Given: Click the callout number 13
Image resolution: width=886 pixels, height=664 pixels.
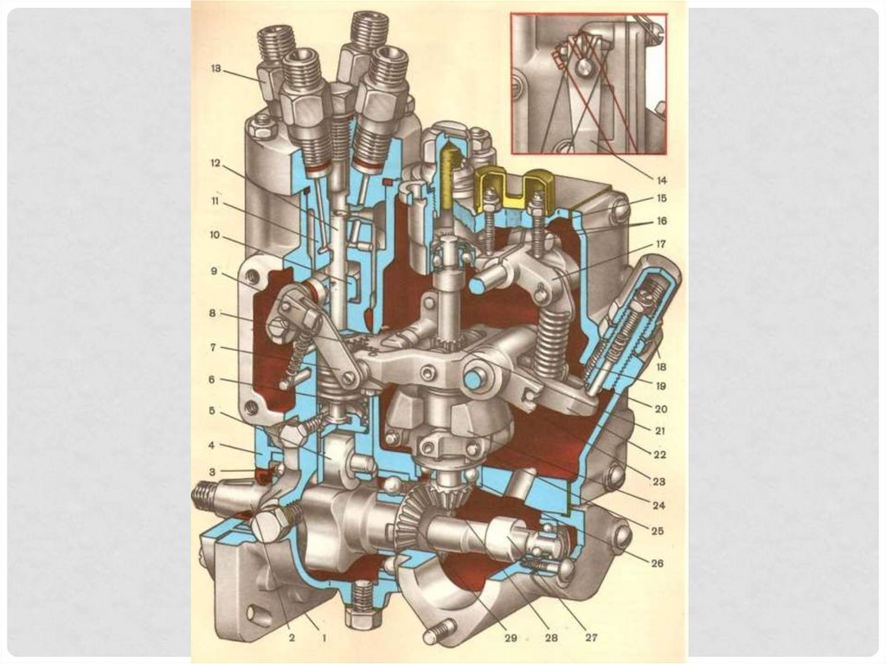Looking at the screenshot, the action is click(x=215, y=68).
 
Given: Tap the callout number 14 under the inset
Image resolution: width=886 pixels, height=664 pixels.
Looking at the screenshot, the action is click(x=661, y=180).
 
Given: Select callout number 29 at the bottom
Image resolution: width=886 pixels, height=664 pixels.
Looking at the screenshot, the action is click(x=510, y=637).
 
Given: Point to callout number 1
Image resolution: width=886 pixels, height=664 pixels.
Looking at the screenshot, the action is click(x=324, y=638).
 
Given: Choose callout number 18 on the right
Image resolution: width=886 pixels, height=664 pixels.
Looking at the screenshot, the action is click(x=660, y=367).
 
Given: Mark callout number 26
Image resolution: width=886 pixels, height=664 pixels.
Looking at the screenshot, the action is click(x=658, y=564).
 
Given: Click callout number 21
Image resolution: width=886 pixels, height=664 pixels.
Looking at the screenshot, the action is click(x=660, y=431).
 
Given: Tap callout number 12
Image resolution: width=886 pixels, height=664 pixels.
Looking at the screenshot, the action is click(x=215, y=164).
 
